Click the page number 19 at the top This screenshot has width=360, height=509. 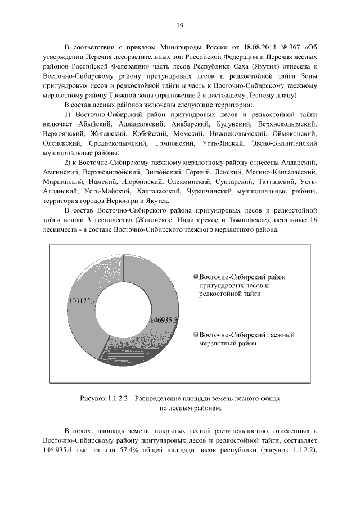(180, 25)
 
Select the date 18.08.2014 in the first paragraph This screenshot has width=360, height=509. (241, 47)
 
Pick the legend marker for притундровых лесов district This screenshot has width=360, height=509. (195, 277)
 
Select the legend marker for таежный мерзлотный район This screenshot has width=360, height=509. (195, 335)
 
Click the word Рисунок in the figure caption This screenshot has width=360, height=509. (93, 398)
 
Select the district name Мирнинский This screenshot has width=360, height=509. (62, 182)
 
